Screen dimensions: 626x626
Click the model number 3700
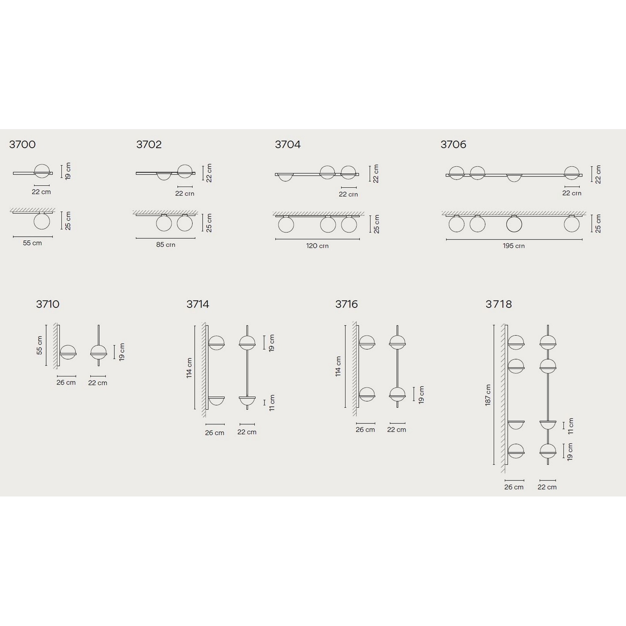point(22,144)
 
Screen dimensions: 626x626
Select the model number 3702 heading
point(149,144)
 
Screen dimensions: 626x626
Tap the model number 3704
point(288,144)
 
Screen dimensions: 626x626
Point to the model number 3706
point(453,144)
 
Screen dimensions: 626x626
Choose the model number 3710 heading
point(48,304)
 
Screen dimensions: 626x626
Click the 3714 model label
point(198,304)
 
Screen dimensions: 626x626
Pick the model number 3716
point(347,304)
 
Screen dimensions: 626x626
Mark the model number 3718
point(499,304)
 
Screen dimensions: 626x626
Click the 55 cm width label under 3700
point(32,243)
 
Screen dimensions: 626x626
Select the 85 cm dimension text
point(165,245)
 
